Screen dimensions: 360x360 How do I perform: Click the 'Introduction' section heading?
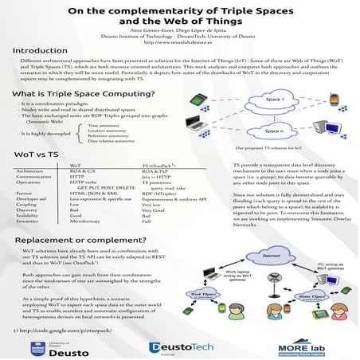pos(39,51)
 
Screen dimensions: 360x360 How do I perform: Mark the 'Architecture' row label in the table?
pos(29,170)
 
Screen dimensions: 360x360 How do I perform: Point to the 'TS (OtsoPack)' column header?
pos(159,164)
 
